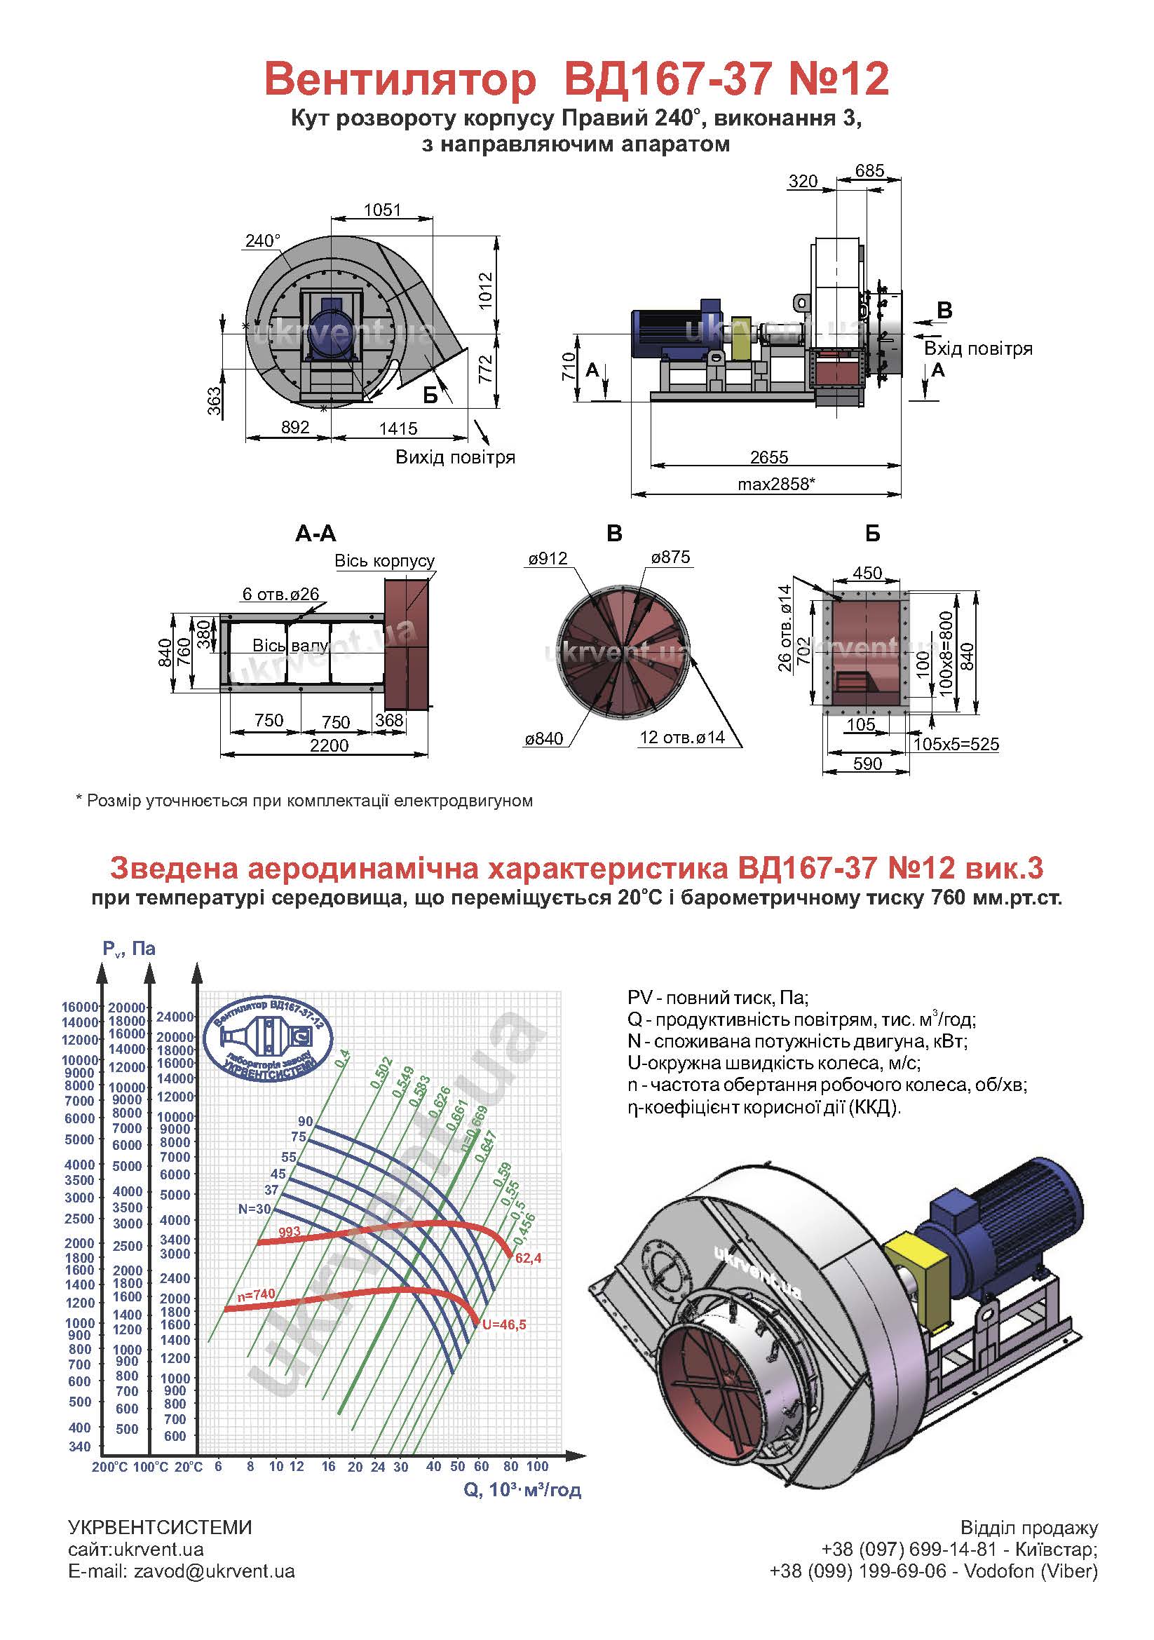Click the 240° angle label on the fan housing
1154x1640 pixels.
(x=263, y=240)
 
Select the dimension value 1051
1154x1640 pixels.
(x=383, y=210)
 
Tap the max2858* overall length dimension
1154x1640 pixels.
(x=776, y=484)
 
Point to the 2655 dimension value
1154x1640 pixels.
(x=769, y=456)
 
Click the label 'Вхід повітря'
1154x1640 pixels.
(x=978, y=348)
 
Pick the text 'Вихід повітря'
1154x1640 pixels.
(x=456, y=457)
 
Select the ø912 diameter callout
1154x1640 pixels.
(x=548, y=559)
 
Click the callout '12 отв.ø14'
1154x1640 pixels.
(x=682, y=737)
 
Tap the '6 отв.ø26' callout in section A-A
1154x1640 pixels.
(x=280, y=594)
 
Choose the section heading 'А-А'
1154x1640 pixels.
(x=315, y=534)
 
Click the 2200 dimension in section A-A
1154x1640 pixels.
(x=330, y=745)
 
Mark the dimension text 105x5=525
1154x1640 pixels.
(x=956, y=745)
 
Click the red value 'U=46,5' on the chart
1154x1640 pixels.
(x=504, y=1325)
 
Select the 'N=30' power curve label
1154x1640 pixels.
(x=255, y=1209)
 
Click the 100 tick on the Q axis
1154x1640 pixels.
(x=537, y=1466)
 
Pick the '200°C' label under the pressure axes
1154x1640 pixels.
(x=110, y=1467)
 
